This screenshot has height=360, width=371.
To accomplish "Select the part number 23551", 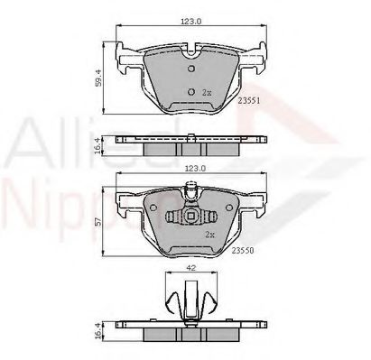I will (249, 102).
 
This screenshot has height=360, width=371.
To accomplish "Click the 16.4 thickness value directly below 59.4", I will (98, 144).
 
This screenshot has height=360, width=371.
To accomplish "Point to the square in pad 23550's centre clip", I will (190, 217).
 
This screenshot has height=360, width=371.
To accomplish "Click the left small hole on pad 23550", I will (172, 217).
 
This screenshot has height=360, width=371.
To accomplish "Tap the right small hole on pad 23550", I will (208, 217).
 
